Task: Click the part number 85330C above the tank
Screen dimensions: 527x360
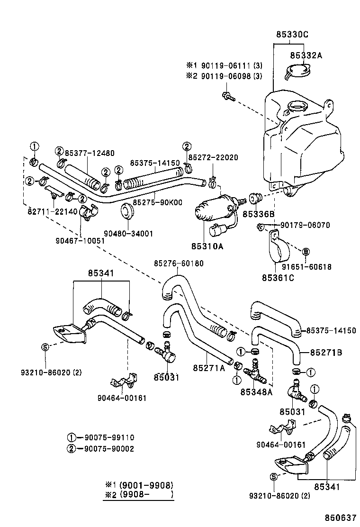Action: point(292,34)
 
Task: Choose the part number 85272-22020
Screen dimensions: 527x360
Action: point(213,157)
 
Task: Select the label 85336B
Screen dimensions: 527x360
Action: point(258,214)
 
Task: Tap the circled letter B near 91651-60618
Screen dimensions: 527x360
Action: point(306,251)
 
